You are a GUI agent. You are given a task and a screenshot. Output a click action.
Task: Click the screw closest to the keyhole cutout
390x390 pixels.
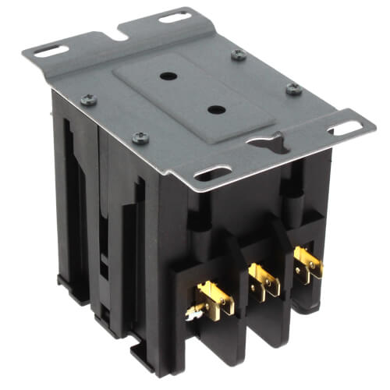(293, 89)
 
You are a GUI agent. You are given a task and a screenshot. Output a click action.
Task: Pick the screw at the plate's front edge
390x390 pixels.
(140, 138)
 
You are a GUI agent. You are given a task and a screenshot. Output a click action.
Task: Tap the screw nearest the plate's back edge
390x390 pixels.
(239, 55)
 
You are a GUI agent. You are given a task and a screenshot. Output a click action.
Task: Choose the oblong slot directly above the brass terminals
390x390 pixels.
(213, 172)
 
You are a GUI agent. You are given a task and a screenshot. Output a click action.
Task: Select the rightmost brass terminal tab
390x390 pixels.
(308, 263)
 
